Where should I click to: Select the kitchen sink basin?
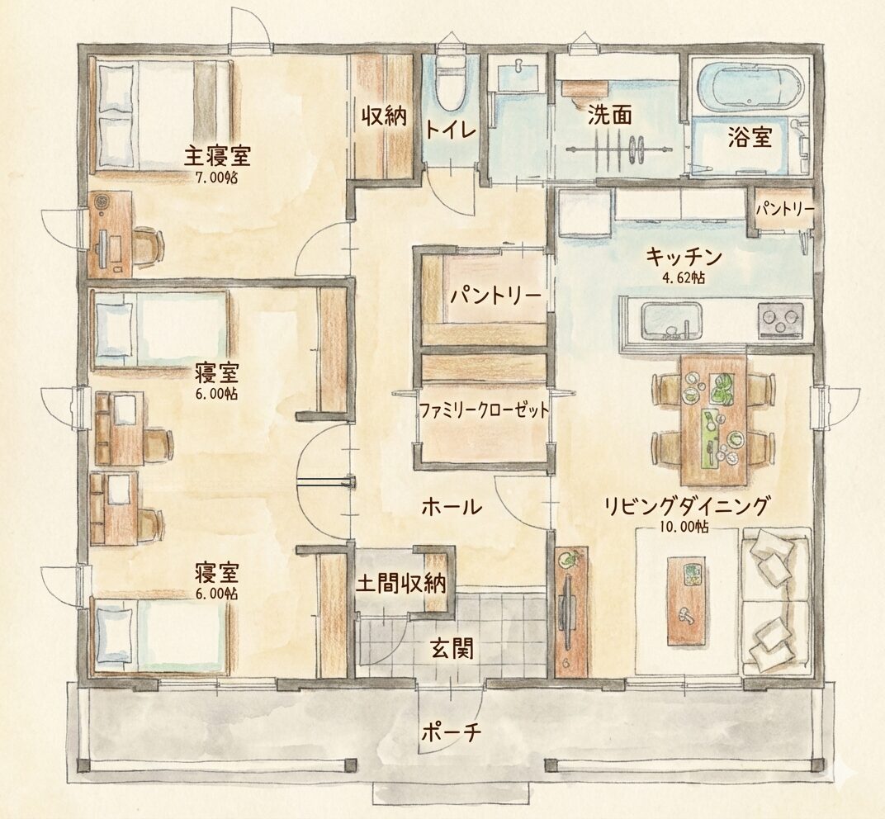point(672,320)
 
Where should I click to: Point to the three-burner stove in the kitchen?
point(781,320)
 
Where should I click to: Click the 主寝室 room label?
point(218,156)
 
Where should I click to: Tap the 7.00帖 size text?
point(216,178)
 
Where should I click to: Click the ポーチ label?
point(451,732)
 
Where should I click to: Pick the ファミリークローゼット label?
point(484,410)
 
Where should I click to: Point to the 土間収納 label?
point(400,583)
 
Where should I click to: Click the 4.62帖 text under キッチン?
point(683,277)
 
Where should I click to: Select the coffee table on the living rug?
point(686,601)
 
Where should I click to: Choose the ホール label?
point(452,507)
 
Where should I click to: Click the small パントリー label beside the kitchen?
point(784,210)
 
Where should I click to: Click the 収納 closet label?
point(384,116)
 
